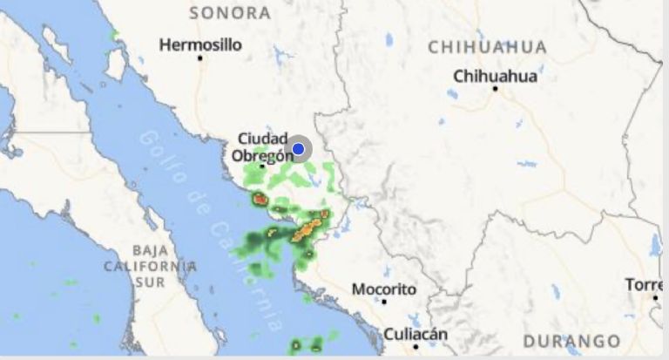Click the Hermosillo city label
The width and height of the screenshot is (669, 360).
[x=200, y=44]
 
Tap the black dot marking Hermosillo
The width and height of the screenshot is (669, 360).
[x=200, y=58]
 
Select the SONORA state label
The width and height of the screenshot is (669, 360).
[x=230, y=12]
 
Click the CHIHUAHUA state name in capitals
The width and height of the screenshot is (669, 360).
[x=487, y=47]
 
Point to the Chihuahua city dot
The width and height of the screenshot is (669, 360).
[x=495, y=88]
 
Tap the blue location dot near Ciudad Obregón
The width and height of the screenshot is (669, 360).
[x=298, y=149]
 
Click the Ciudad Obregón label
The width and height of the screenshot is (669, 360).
[x=262, y=147]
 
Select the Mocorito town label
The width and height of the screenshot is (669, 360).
[x=384, y=289]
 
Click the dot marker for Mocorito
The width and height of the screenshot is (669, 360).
[x=384, y=302]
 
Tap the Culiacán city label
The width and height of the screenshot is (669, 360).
[x=416, y=334]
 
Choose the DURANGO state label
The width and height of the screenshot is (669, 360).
[x=572, y=341]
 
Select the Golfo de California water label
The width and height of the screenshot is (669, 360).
[x=213, y=231]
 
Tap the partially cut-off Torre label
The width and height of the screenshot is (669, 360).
[x=644, y=285]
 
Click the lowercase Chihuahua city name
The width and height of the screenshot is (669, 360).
[x=495, y=76]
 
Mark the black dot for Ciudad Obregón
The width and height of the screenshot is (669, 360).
[x=262, y=166]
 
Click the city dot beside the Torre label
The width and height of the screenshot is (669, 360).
[x=656, y=297]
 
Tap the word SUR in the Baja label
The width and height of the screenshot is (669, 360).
[x=150, y=282]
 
